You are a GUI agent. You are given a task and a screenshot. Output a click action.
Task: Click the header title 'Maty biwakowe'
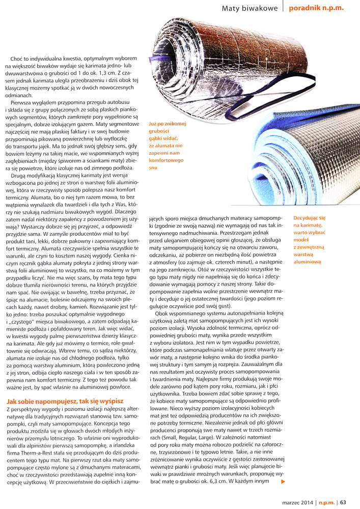250,8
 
